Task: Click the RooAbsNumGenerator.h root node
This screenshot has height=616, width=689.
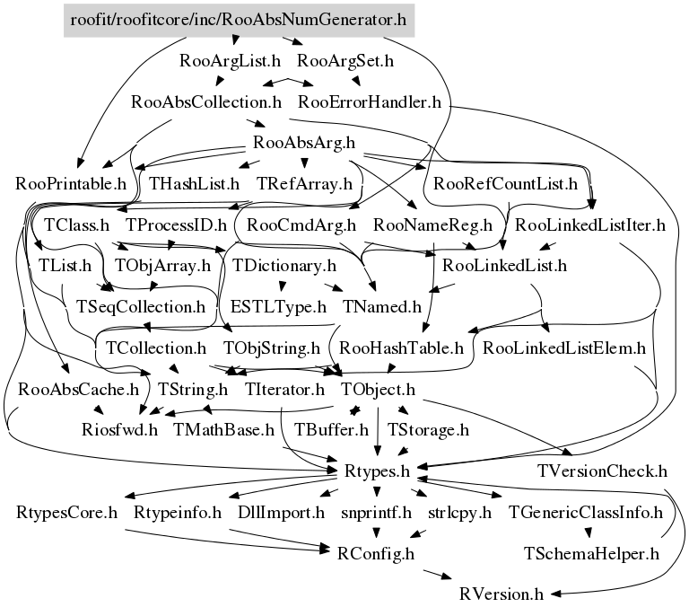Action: click(238, 19)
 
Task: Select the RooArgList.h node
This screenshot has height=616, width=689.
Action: click(231, 62)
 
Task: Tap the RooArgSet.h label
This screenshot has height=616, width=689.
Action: click(345, 62)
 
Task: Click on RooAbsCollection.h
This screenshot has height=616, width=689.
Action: click(206, 101)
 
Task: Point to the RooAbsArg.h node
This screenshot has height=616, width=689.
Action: click(304, 142)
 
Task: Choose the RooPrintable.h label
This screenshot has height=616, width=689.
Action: click(71, 185)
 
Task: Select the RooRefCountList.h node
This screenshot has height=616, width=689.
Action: click(504, 185)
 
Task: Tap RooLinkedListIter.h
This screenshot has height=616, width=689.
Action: click(590, 224)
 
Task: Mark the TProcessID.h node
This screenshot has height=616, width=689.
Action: click(176, 224)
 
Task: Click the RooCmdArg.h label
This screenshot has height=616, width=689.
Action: click(302, 224)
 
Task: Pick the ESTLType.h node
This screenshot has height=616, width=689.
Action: click(278, 306)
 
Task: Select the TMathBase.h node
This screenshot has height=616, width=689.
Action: click(223, 430)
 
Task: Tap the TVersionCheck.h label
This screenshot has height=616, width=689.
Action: click(603, 471)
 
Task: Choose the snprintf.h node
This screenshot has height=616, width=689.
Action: click(375, 513)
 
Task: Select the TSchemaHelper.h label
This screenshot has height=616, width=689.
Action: click(592, 553)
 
